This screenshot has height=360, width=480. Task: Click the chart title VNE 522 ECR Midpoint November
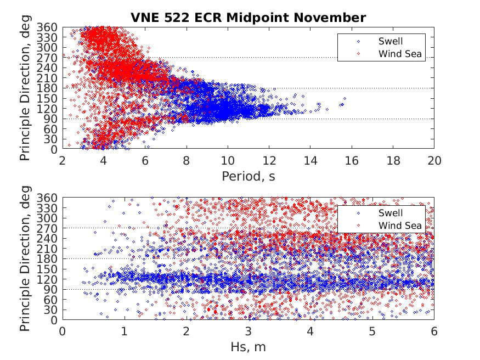[248, 18]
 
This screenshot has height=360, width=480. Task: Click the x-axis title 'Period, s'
[248, 176]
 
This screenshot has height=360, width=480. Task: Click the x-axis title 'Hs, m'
[248, 347]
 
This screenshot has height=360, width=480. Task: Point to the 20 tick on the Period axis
[434, 160]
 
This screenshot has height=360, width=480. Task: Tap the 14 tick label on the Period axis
[310, 160]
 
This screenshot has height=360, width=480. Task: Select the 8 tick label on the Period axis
[186, 160]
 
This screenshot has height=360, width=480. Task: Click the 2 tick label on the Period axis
[63, 160]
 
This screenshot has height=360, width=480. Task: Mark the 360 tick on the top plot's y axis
[50, 27]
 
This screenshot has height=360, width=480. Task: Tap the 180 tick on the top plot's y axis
[50, 88]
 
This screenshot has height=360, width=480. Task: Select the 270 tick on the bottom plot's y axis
[50, 228]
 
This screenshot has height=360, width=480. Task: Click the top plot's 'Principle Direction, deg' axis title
[25, 88]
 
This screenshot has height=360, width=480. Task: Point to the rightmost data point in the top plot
[345, 99]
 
